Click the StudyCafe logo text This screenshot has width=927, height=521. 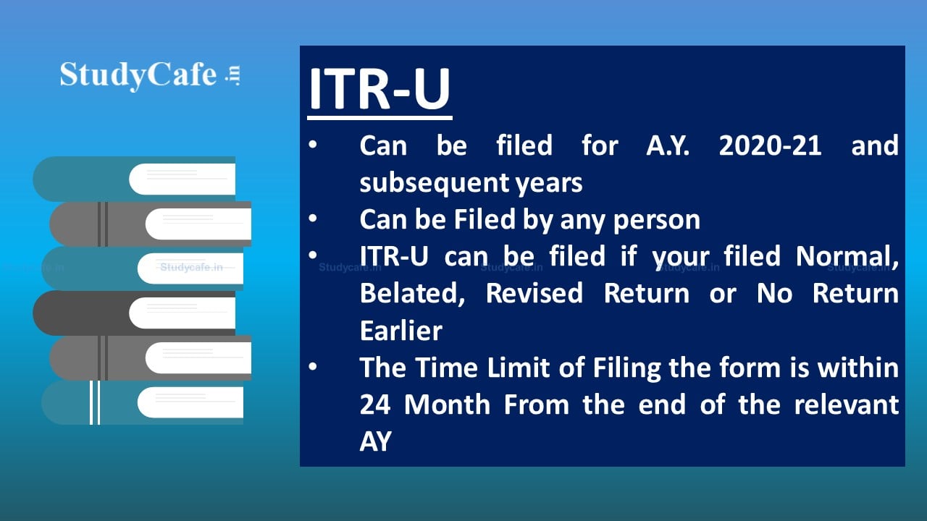point(150,75)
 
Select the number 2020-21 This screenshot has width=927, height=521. point(770,146)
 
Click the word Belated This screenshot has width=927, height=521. point(413,294)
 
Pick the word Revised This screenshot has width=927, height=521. point(534,293)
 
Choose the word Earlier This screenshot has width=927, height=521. point(401,331)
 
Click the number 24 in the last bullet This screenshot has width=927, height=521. point(375,404)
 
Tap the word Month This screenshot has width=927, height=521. point(447,404)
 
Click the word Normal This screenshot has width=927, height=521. point(847,257)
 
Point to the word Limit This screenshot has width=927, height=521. point(516,368)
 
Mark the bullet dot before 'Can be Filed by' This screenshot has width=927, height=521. point(313,218)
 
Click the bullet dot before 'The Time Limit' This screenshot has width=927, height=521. point(313,366)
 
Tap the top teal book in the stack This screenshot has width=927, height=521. point(134,179)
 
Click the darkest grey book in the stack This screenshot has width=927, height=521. point(134,313)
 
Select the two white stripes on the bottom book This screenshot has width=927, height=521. point(95,402)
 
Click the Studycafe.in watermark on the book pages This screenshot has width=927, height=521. point(191,267)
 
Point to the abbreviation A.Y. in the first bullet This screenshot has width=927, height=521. point(668,146)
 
